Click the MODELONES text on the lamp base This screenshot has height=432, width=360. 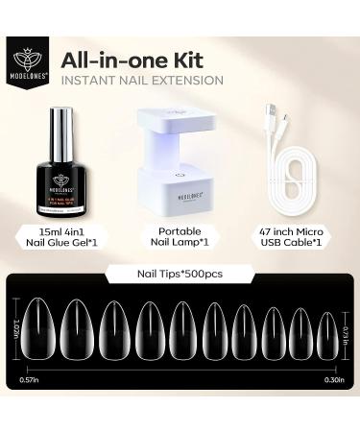click(x=180, y=195)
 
